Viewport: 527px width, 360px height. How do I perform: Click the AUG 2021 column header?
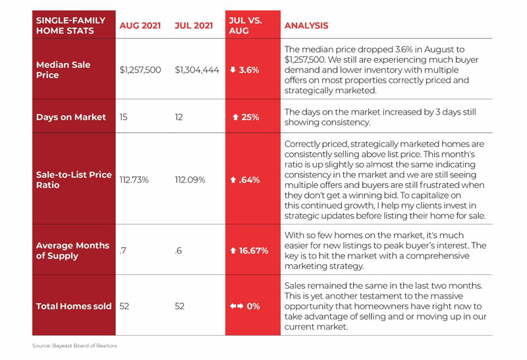140,26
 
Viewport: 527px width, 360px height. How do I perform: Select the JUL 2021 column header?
194,26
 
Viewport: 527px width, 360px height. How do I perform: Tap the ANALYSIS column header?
306,26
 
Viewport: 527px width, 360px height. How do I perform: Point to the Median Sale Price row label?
63,70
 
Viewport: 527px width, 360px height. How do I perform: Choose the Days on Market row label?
71,117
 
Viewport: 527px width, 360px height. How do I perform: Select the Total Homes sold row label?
74,306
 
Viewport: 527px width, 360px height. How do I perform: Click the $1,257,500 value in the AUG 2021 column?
140,70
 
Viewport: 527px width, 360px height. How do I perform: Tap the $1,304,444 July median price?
197,70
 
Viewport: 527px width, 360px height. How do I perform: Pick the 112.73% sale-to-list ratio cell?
134,180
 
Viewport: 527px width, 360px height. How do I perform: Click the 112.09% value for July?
190,180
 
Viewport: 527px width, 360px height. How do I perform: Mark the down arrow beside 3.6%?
233,70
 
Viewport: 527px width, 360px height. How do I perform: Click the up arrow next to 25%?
236,117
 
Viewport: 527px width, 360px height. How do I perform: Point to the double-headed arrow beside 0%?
236,306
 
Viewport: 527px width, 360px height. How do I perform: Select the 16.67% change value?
254,251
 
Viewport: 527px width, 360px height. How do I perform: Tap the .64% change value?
250,180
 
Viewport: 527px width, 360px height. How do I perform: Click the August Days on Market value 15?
123,117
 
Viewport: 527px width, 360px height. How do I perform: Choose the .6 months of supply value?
179,251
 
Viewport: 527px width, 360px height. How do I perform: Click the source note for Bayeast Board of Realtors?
74,345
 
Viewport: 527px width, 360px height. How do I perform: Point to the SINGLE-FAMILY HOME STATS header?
70,26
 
